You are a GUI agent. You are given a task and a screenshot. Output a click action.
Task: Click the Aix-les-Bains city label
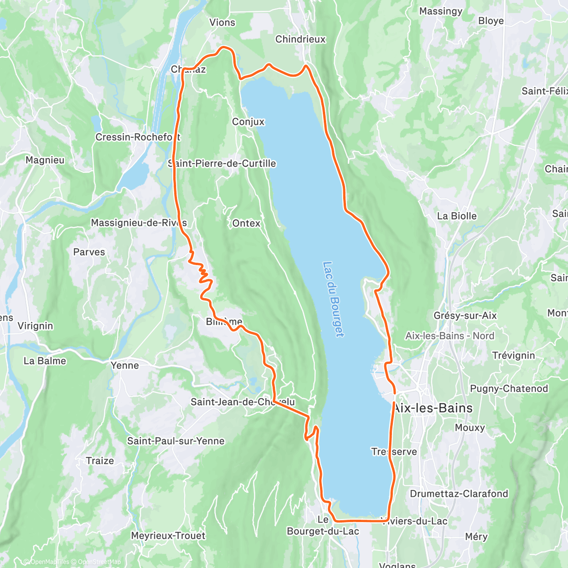coord(433,408)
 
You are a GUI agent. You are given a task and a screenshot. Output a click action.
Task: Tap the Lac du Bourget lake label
coord(333,299)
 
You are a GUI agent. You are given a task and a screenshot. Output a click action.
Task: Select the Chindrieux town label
coord(301,39)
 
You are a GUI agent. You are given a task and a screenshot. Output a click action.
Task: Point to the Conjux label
coord(248,122)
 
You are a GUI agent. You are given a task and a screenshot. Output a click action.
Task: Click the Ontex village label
coord(246,223)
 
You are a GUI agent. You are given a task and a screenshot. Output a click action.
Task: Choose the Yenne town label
coord(124,365)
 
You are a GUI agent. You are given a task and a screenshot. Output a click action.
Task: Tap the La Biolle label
coord(457,216)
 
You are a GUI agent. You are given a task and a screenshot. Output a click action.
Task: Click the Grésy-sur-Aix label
coord(465,316)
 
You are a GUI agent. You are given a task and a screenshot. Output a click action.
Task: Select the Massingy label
coord(440,11)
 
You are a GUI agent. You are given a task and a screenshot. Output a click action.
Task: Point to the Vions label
coord(222,22)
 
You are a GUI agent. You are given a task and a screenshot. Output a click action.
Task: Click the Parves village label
coord(89,252)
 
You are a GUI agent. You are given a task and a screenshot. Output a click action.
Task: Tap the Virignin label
coord(35,326)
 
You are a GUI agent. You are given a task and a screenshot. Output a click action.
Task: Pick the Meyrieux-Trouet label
coord(168,536)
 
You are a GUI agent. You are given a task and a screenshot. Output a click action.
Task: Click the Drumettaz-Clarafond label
coord(459,494)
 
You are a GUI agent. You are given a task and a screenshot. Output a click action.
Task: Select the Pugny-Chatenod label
coord(509,389)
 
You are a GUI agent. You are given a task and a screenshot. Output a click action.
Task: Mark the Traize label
coord(100,461)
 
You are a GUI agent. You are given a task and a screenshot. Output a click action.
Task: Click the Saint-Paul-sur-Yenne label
coord(176,441)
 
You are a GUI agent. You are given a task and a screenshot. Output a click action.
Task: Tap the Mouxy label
coord(470,427)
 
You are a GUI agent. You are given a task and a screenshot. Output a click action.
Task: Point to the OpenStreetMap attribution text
coord(99,562)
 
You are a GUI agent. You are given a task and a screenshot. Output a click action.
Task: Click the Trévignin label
coord(514,355)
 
